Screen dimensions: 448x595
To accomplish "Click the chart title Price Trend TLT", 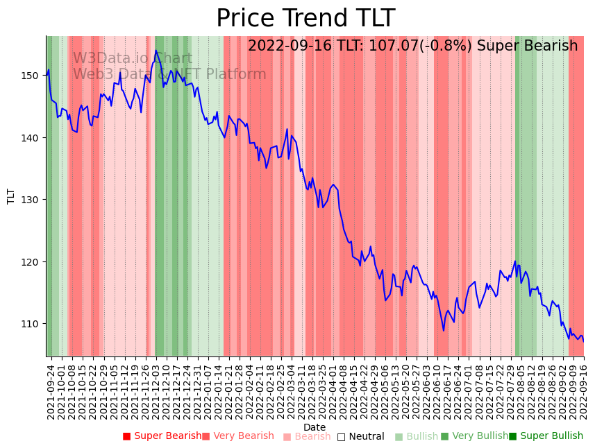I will coord(305,19).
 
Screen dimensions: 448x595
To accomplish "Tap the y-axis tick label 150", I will coord(33,76).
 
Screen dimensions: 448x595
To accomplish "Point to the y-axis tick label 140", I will coord(33,138).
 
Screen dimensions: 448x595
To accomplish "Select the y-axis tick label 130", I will coord(33,200).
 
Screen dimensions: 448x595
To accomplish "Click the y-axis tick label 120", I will coord(33,262).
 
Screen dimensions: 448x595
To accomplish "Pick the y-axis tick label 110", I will coord(33,324).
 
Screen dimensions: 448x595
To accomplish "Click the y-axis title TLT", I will coord(11,196).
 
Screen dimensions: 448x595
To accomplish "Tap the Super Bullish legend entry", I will coord(546,436).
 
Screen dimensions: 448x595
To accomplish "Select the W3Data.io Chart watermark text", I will coord(133,59).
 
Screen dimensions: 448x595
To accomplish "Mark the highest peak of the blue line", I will coord(156,50).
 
